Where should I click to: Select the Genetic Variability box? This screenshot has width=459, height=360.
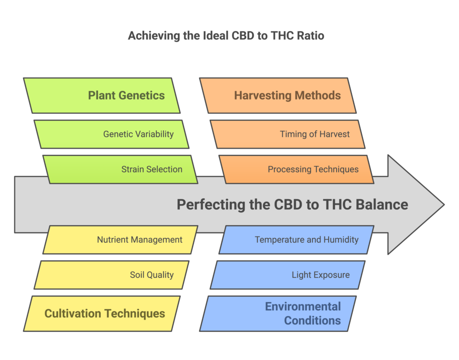[112, 134]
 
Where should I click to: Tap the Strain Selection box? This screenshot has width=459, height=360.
[121, 169]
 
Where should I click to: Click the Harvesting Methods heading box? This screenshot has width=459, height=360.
[278, 95]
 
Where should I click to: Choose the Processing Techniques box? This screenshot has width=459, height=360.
[296, 169]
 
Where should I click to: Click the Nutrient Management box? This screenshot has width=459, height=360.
[121, 240]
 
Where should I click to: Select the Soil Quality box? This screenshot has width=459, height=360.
[112, 274]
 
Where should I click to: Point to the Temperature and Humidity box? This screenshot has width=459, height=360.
[296, 240]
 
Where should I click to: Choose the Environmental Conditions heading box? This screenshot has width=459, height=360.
[278, 313]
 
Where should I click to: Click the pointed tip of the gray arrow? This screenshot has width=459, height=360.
[443, 205]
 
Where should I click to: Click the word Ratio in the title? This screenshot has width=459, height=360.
[310, 35]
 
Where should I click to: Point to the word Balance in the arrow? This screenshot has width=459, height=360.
[382, 205]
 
